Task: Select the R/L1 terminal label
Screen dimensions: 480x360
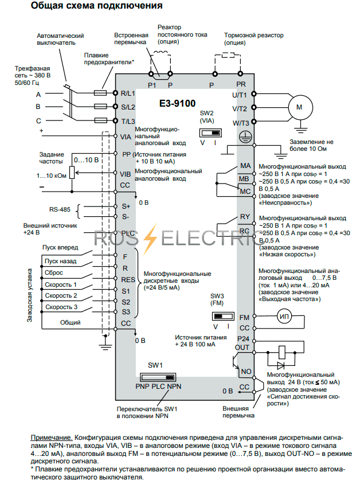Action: tap(127, 92)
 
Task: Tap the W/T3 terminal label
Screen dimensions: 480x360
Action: tap(240, 123)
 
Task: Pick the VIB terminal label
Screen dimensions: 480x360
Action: tap(126, 173)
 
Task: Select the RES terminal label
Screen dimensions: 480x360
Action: tap(127, 279)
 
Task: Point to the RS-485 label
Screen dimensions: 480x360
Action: tap(60, 210)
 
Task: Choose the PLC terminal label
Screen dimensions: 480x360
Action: tap(127, 233)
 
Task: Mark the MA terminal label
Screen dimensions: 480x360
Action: tap(245, 166)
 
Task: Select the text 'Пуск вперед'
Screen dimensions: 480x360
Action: tap(60, 248)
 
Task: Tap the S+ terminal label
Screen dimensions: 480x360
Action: tap(126, 205)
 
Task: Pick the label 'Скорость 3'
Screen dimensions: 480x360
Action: tap(61, 307)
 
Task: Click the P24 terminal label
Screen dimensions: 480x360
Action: tap(244, 339)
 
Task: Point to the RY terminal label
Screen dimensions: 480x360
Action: tap(245, 217)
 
